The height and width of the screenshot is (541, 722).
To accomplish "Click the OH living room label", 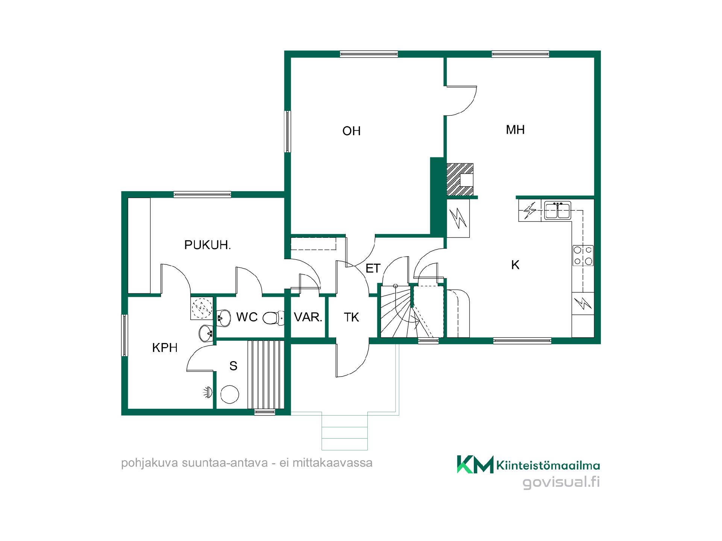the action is [x=351, y=131].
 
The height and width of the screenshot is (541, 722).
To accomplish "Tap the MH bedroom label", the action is [x=515, y=130].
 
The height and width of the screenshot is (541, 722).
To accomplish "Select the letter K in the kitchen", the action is [x=515, y=265].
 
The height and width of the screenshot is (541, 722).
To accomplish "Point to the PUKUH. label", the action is [x=207, y=245].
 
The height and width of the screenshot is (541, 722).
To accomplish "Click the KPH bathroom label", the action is [x=165, y=348].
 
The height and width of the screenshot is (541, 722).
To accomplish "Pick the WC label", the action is [x=247, y=317].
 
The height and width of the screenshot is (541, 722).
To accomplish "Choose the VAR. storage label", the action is [x=308, y=317].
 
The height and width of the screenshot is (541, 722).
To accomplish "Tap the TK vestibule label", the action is [x=351, y=317].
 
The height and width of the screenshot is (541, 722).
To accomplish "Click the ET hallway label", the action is [x=373, y=268].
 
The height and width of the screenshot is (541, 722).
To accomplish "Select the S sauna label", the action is [x=233, y=366].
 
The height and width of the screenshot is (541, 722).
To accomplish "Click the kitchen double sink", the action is [x=558, y=210].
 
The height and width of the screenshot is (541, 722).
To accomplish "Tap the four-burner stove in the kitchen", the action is [x=583, y=255].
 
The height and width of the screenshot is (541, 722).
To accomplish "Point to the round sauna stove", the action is [x=230, y=394].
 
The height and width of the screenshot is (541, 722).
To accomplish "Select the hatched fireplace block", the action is [x=460, y=179].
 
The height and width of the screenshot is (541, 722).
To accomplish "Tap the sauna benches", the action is [x=265, y=374].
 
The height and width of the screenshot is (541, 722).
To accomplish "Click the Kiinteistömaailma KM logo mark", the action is [x=475, y=464].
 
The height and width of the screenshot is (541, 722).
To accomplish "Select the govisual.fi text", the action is [x=561, y=482].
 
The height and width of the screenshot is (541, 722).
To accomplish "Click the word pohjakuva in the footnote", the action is [x=149, y=463].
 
